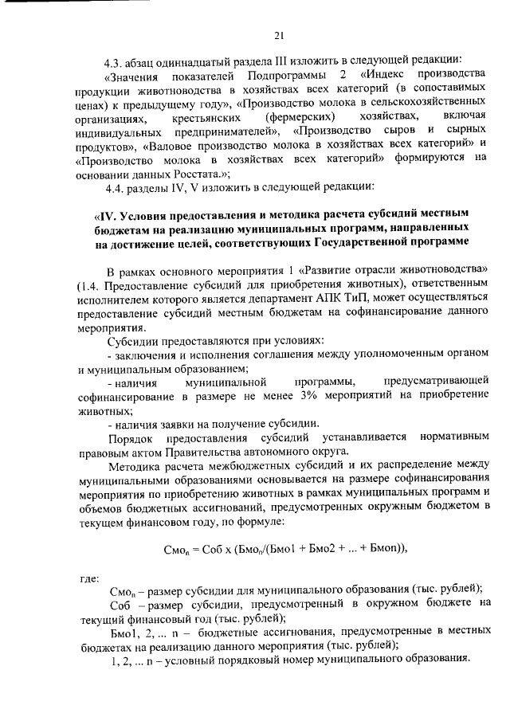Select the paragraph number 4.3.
116,61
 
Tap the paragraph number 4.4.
116,187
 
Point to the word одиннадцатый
197,61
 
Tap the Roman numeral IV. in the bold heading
106,215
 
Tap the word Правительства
185,452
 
